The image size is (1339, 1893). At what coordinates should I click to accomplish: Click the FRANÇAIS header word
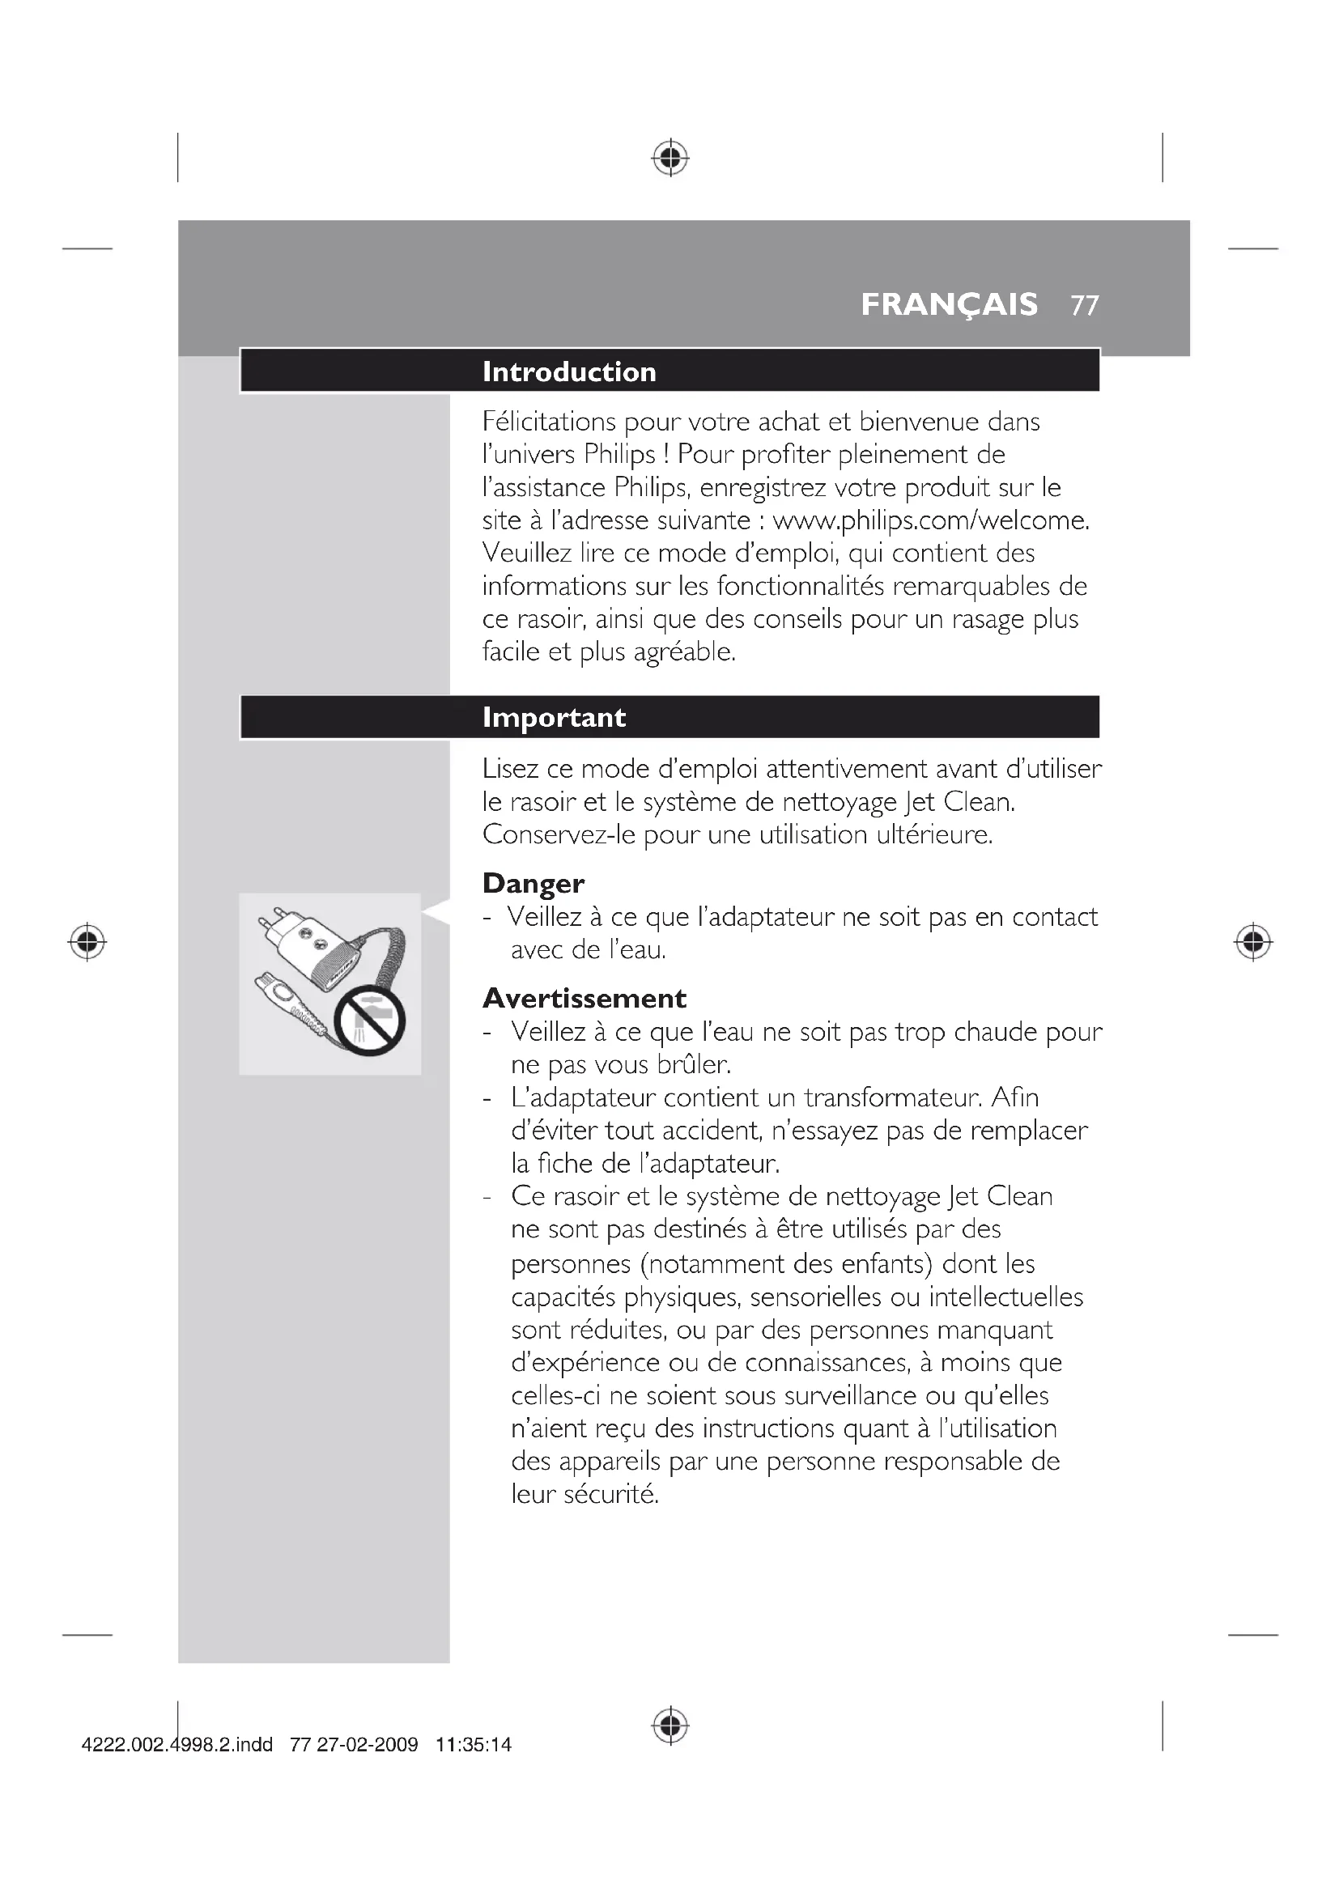[949, 305]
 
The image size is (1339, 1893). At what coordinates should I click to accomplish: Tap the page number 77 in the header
[1084, 306]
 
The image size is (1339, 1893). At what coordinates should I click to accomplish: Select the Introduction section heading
[569, 371]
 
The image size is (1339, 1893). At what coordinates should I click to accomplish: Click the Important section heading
[554, 717]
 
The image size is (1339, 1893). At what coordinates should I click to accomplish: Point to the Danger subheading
[533, 883]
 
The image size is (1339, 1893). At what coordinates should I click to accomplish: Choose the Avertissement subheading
[584, 999]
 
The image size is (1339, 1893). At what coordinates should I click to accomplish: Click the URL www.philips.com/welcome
[930, 520]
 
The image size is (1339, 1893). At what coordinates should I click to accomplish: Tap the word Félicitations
[549, 422]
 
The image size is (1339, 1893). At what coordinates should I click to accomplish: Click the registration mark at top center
[670, 157]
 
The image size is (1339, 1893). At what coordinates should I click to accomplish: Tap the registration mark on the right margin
[1252, 941]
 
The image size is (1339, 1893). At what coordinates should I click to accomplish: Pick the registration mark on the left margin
[87, 941]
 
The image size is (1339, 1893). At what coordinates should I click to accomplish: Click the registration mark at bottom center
[670, 1725]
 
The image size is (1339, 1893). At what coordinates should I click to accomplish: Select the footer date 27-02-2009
[367, 1746]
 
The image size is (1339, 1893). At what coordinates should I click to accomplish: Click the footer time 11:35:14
[474, 1746]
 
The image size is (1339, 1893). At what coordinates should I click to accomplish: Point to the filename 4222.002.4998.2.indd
[177, 1746]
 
